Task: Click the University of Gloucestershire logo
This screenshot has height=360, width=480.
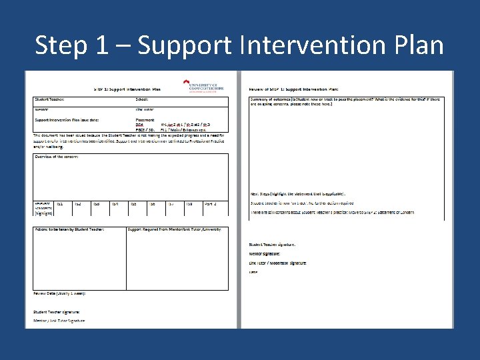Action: tap(205, 86)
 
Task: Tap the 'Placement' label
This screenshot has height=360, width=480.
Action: tap(145, 120)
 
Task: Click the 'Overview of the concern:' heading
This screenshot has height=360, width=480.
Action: tap(57, 157)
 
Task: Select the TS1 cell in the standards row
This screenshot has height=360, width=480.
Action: tap(59, 204)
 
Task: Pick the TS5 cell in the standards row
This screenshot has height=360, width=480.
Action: tap(133, 204)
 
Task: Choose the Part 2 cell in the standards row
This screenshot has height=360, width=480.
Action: tap(210, 204)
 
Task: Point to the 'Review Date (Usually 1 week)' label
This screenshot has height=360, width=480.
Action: tap(59, 293)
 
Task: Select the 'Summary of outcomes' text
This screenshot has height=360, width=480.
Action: tap(280, 99)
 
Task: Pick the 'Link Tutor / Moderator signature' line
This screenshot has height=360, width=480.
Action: tap(277, 263)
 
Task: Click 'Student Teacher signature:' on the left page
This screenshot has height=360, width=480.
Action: tap(57, 311)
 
